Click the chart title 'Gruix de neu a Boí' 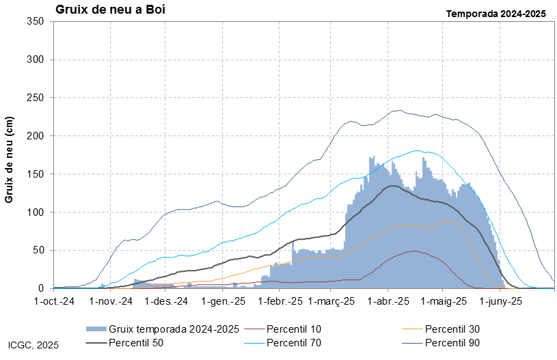pyautogui.click(x=110, y=10)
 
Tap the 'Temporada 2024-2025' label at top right pyautogui.click(x=496, y=14)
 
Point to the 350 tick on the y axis pyautogui.click(x=35, y=21)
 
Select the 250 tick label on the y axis pyautogui.click(x=35, y=98)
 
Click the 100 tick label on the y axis pyautogui.click(x=35, y=212)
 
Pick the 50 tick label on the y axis pyautogui.click(x=38, y=250)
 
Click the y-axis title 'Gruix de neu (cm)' pyautogui.click(x=9, y=160)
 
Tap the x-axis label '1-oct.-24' pyautogui.click(x=54, y=301)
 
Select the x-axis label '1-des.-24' pyautogui.click(x=166, y=301)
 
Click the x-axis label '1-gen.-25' pyautogui.click(x=223, y=301)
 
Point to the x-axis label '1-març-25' pyautogui.click(x=331, y=301)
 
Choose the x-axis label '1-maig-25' pyautogui.click(x=444, y=301)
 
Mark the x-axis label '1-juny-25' pyautogui.click(x=501, y=301)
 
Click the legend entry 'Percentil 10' pyautogui.click(x=294, y=329)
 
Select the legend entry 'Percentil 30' pyautogui.click(x=452, y=329)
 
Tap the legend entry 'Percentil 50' pyautogui.click(x=136, y=343)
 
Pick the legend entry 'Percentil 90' pyautogui.click(x=452, y=343)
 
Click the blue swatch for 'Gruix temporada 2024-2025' pyautogui.click(x=96, y=329)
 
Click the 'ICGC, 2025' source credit pyautogui.click(x=33, y=345)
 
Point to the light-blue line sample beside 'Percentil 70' pyautogui.click(x=254, y=343)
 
